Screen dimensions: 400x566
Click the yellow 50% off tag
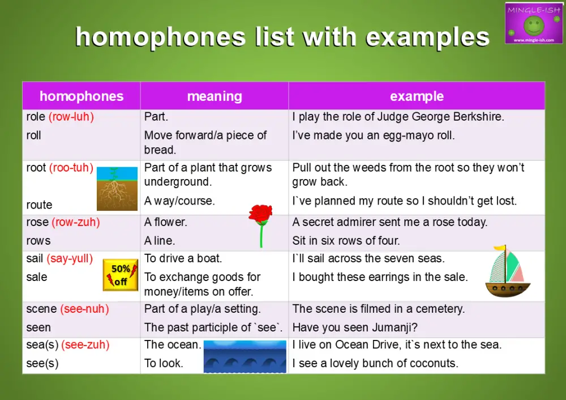pos(120,275)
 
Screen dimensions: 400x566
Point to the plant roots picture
pos(117,188)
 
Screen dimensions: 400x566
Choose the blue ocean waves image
pos(245,356)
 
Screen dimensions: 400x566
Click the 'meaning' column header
pos(215,96)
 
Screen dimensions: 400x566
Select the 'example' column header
pos(417,96)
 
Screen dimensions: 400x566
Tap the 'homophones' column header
pos(82,96)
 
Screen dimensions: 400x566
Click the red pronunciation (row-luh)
pos(71,117)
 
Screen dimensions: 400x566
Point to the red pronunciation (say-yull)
pos(70,258)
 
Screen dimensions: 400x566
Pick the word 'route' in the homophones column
pos(39,205)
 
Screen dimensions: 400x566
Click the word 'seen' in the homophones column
pos(38,327)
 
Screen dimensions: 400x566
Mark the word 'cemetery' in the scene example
pos(439,309)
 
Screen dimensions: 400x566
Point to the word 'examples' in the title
pos(427,37)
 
